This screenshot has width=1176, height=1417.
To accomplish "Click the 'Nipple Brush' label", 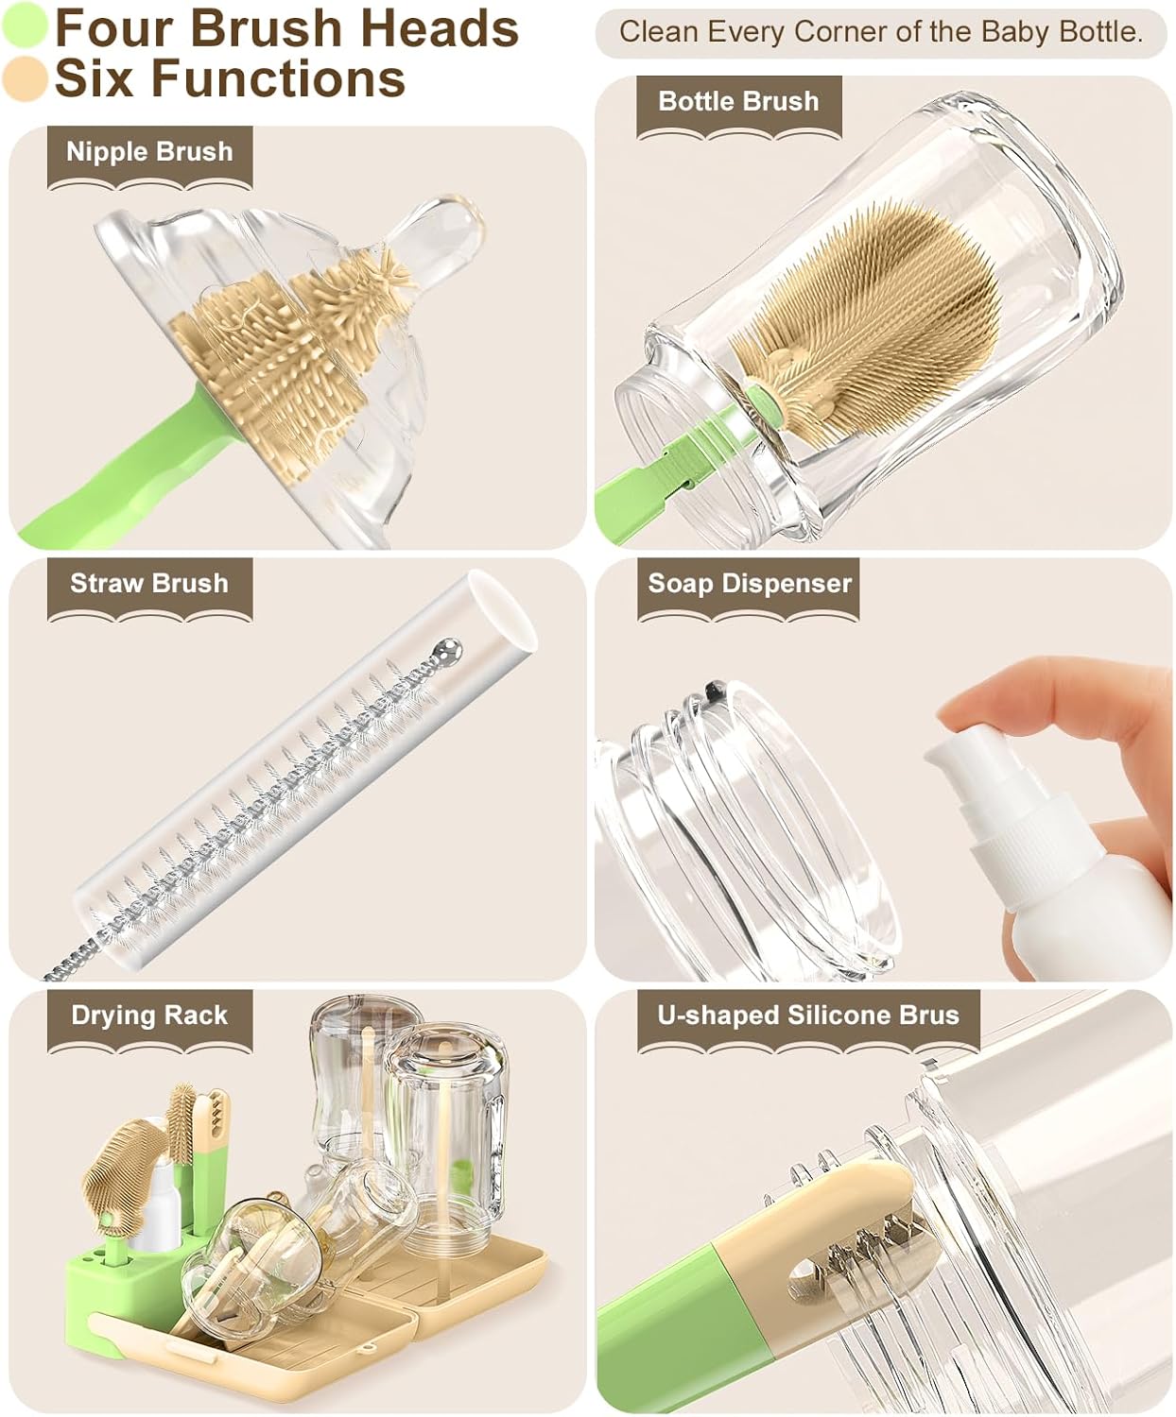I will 149,152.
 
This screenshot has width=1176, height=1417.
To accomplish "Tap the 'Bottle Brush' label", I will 738,102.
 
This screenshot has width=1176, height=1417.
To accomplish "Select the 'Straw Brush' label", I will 149,584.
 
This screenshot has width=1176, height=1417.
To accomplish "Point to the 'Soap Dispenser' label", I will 750,584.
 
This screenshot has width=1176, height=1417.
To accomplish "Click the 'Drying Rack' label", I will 149,1016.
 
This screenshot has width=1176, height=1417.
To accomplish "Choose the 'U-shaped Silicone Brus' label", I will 808,1016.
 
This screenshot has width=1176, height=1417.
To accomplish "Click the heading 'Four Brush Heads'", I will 286,29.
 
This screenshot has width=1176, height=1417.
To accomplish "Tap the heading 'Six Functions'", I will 230,79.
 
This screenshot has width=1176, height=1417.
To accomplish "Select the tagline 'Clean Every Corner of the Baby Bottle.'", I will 881,33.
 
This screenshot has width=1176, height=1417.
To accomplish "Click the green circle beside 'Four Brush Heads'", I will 25,26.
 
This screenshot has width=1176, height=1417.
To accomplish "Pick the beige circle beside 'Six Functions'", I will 25,78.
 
